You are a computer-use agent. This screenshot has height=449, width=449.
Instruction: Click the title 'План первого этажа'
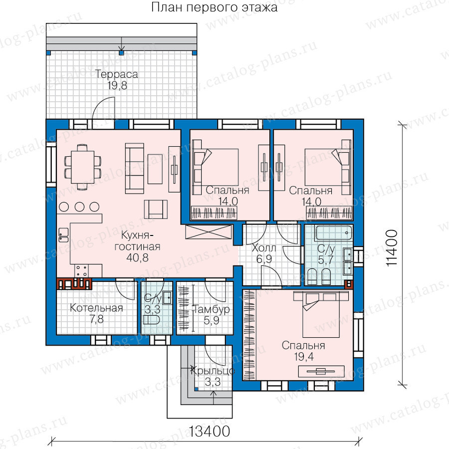[214, 7]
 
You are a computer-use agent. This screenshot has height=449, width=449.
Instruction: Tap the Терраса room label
[117, 74]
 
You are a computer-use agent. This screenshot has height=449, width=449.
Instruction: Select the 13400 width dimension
[210, 431]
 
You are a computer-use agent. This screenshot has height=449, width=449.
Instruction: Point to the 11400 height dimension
[392, 248]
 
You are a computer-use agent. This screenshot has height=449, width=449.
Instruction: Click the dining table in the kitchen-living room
[83, 167]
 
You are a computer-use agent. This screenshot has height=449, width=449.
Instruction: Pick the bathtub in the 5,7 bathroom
[333, 233]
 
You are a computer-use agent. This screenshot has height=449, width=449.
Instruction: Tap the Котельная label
[96, 308]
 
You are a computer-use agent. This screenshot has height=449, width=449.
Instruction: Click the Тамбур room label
[212, 309]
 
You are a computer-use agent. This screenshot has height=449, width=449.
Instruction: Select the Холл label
[264, 248]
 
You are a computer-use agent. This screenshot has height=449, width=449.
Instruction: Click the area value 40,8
[138, 258]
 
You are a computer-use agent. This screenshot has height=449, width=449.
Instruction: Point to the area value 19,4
[303, 357]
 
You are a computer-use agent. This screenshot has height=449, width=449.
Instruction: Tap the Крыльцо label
[212, 371]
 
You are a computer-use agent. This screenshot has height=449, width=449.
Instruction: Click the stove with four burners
[81, 271]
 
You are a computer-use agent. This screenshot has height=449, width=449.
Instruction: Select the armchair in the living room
[156, 210]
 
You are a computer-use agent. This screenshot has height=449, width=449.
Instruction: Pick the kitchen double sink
[63, 235]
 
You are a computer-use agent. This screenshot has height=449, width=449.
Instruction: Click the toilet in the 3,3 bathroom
[151, 320]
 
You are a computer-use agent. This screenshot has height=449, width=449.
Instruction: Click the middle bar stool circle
[79, 207]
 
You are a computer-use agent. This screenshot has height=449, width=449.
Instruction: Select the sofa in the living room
[135, 169]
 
